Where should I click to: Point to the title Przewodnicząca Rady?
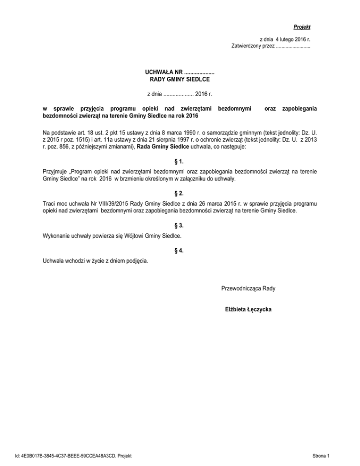point(248,288)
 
